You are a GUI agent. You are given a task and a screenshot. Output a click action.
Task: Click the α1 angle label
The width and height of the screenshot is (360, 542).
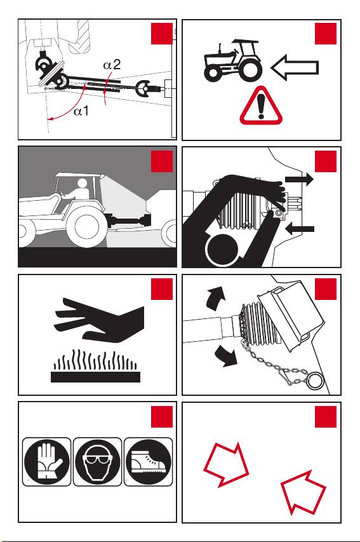81,111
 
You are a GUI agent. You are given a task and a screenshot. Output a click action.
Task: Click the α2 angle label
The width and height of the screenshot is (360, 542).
112,65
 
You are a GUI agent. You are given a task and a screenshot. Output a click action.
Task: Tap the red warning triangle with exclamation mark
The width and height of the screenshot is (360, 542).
261,105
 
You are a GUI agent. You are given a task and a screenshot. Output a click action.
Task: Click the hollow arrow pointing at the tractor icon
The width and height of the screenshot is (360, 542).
295,68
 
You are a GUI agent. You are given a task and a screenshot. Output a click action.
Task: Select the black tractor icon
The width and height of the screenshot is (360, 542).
233,60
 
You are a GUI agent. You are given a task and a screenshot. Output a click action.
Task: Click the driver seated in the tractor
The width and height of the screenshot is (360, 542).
79,194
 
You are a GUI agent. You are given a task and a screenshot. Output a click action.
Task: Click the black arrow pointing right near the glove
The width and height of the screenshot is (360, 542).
299,179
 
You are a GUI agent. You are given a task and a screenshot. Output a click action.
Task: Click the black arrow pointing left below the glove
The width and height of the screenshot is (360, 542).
300,229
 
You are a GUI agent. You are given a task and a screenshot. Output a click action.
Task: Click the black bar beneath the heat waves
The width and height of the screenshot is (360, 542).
95,377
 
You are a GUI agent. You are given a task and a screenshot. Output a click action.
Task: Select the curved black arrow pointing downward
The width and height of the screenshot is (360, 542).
225,356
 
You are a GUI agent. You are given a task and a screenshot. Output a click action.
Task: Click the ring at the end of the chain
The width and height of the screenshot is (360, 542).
314,380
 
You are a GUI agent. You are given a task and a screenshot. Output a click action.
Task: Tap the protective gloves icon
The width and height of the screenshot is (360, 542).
46,461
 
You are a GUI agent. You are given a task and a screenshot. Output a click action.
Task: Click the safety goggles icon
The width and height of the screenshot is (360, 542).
97,461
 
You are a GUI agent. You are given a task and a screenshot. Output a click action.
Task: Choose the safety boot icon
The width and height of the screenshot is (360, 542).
148,461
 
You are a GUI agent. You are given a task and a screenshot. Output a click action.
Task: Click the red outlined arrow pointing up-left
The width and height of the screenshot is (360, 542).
303,492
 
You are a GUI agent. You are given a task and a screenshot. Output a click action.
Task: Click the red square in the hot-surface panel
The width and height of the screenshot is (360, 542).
162,289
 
